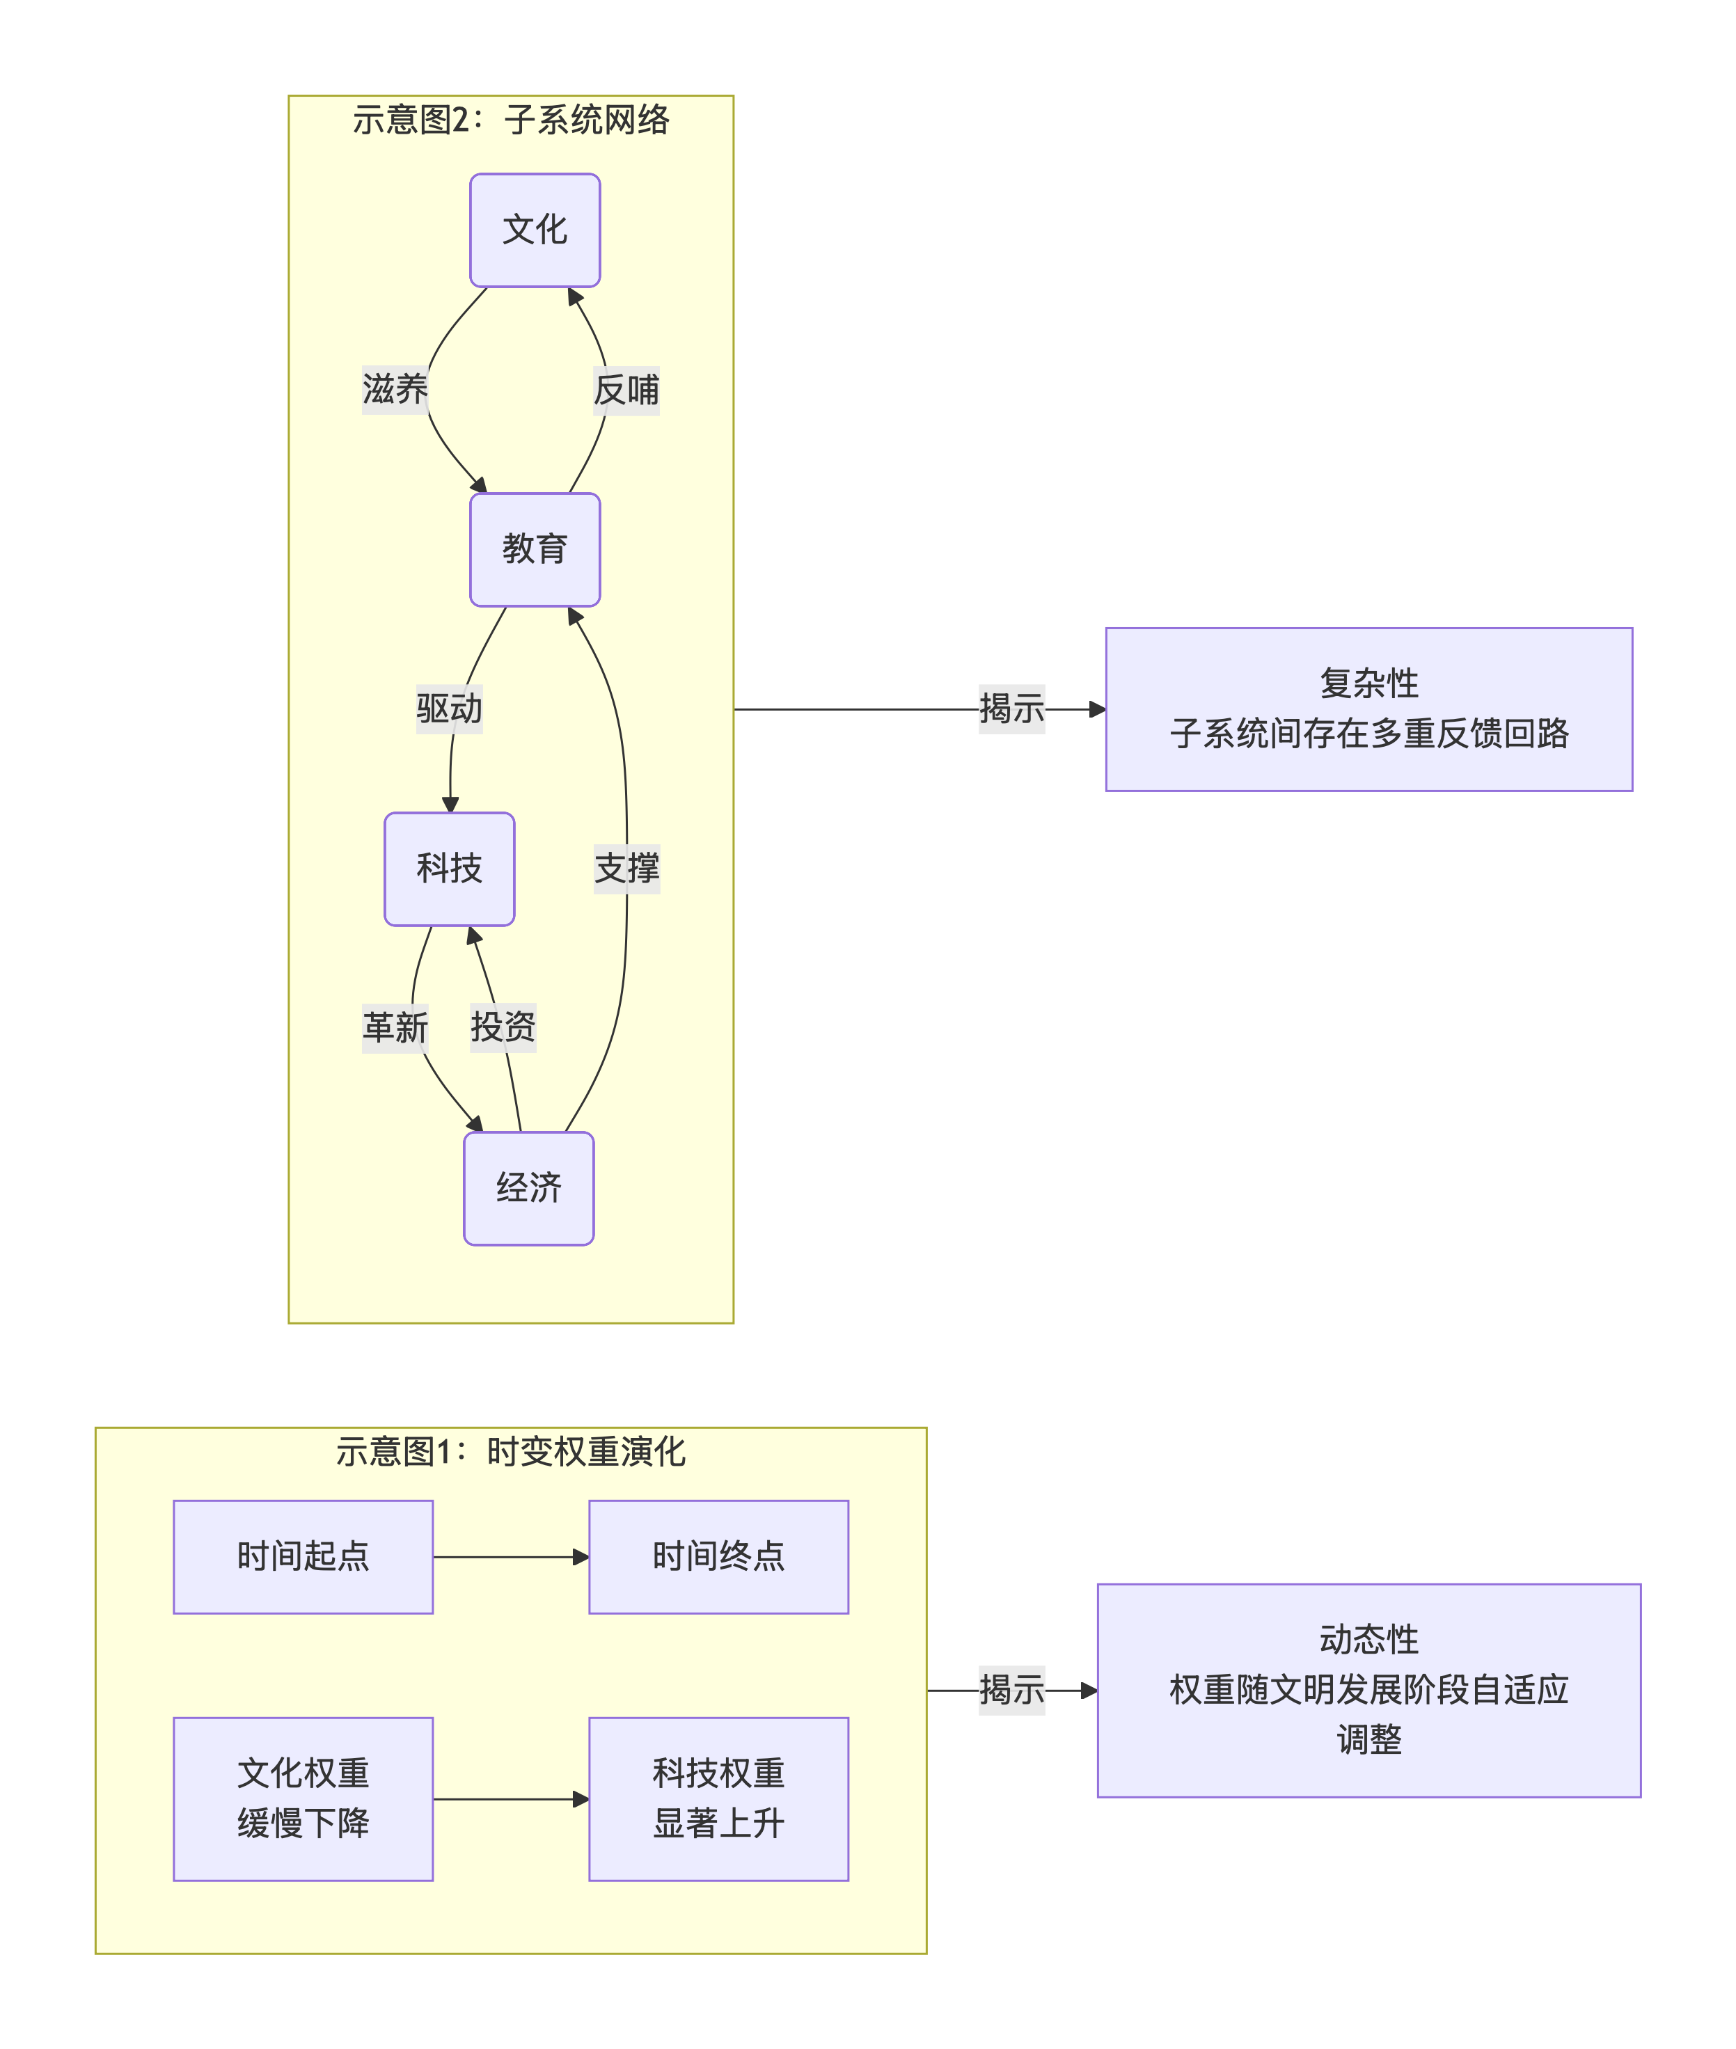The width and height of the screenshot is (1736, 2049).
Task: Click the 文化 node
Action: pos(535,230)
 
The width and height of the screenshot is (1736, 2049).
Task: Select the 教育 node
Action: pos(535,549)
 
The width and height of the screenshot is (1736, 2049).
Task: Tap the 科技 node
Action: pos(449,868)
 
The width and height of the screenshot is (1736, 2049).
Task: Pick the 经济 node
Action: pos(528,1188)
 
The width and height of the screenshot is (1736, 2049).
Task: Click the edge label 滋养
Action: pos(395,390)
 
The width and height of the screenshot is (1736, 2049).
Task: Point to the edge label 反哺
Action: pos(626,390)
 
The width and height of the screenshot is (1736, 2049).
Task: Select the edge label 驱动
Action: pos(449,709)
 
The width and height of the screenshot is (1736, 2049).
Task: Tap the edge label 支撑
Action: pos(626,868)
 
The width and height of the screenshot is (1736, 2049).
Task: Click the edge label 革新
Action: pos(395,1027)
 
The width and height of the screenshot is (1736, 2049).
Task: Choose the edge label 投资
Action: pos(503,1027)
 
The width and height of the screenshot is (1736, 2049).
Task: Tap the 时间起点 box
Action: pos(303,1557)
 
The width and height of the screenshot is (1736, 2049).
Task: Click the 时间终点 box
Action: pos(718,1557)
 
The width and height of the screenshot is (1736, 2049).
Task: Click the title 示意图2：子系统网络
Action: pos(511,120)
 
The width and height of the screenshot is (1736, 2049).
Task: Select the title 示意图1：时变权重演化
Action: pos(511,1452)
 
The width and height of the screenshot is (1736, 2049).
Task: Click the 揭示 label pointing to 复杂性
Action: pos(1011,709)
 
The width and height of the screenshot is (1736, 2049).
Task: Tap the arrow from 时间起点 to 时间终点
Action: pos(511,1557)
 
